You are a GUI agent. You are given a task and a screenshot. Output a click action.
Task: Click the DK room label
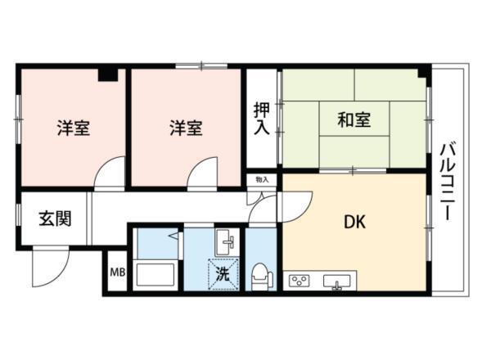click(354, 221)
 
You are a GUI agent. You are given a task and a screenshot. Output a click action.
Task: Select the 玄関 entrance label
click(54, 218)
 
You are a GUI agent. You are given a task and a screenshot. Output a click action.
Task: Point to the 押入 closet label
click(261, 119)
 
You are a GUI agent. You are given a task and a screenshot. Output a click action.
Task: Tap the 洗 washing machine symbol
click(223, 275)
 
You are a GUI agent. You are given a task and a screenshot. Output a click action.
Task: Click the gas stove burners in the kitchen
click(300, 282)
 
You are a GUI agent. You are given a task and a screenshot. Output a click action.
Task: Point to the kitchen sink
click(336, 282)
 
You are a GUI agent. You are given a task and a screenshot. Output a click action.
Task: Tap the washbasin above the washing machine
click(225, 242)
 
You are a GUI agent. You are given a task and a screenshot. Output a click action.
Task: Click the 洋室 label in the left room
click(74, 128)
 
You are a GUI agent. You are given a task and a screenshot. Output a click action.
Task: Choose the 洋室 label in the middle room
click(186, 128)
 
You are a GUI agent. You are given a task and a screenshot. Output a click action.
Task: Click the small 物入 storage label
click(262, 178)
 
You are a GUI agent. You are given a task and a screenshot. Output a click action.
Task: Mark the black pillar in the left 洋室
click(107, 74)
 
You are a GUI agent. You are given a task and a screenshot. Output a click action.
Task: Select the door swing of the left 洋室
click(111, 173)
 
